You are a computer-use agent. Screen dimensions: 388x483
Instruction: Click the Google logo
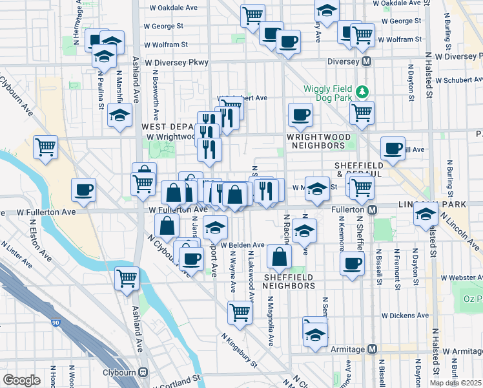click(x=21, y=380)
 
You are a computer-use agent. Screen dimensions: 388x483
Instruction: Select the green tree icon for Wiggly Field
click(x=364, y=91)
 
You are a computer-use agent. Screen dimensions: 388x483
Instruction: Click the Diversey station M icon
click(x=367, y=61)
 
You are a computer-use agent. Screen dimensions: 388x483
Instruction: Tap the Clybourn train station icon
click(x=143, y=372)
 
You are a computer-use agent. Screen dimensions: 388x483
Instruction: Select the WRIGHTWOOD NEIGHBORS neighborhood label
click(x=319, y=142)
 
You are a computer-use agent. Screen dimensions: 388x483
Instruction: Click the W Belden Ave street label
click(x=242, y=246)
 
